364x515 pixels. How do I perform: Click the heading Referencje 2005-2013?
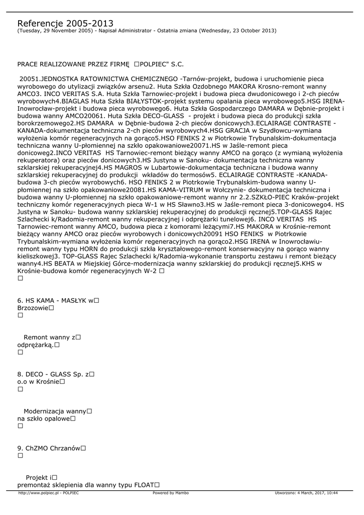[x=65, y=23]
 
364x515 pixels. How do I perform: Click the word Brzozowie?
[x=33, y=307]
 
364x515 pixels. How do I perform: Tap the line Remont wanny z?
[x=49, y=337]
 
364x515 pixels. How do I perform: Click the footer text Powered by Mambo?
[x=171, y=493]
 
